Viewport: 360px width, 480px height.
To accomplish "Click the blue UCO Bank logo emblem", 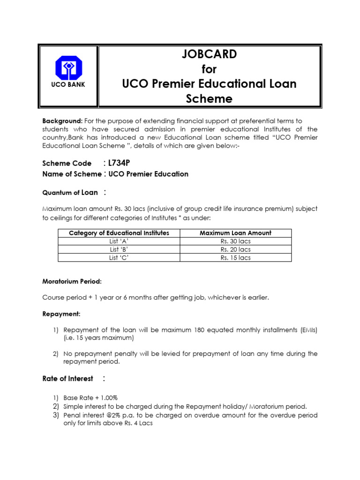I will [x=68, y=67].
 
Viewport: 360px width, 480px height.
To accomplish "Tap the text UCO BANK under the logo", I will [x=68, y=85].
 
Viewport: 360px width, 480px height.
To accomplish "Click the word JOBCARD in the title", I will [x=209, y=54].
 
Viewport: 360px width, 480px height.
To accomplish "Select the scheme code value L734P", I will [x=119, y=163].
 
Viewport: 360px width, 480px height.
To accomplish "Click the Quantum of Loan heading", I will [x=70, y=192].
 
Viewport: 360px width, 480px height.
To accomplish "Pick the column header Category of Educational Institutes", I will [x=119, y=233].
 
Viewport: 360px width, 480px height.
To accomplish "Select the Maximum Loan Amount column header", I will [x=235, y=233].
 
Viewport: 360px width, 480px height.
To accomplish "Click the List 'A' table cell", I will [x=119, y=241].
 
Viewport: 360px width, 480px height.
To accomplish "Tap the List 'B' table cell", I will [x=119, y=249].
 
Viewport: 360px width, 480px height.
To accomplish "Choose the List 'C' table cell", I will [x=119, y=257].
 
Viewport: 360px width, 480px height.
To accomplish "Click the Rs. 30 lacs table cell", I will [x=235, y=241].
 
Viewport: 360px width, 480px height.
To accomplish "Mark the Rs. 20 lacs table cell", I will [x=235, y=249].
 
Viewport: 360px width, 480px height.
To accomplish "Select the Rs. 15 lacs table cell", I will [x=235, y=257].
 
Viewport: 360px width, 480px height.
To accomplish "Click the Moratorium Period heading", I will [x=72, y=281].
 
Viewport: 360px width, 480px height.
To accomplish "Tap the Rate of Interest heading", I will [x=68, y=378].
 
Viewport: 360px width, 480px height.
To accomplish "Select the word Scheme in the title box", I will [x=209, y=99].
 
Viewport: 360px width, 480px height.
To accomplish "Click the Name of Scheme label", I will [x=72, y=174].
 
